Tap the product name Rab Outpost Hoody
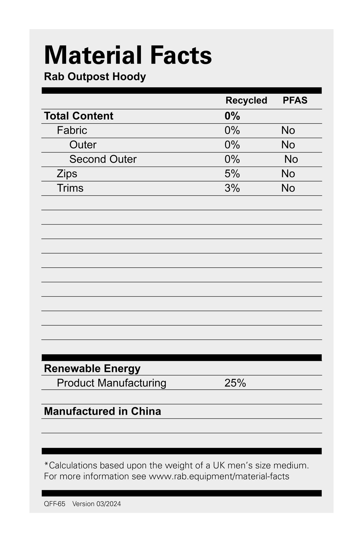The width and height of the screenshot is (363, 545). [x=95, y=77]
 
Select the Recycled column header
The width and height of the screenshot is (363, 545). [x=246, y=100]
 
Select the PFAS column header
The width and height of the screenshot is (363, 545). [x=295, y=100]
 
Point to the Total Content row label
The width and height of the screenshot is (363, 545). [x=79, y=116]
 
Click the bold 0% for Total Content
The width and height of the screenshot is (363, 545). [x=232, y=116]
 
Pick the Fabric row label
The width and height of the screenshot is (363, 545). [x=72, y=131]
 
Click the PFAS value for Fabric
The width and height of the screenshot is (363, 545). [x=288, y=131]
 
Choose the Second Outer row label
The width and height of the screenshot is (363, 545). [x=103, y=159]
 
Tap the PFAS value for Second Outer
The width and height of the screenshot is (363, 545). [x=291, y=159]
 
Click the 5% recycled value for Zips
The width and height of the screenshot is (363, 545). [x=232, y=174]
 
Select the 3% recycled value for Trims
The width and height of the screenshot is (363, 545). [x=232, y=188]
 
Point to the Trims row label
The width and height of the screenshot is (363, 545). [x=70, y=188]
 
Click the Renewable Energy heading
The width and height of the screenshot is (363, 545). [x=92, y=368]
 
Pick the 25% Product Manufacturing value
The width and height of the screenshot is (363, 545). [x=235, y=383]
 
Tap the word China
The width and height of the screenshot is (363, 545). [x=146, y=411]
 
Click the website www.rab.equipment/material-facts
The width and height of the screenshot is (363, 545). [x=219, y=476]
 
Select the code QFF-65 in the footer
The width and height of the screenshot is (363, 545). [x=54, y=504]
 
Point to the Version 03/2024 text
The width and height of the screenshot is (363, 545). [x=96, y=504]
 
